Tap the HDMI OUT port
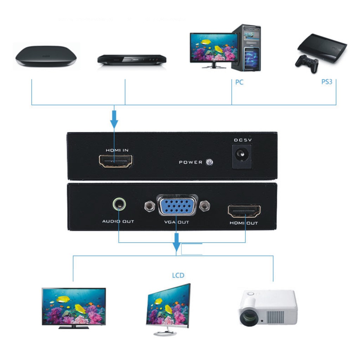point(244,211)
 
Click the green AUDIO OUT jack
point(119,204)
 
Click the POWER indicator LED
point(210,162)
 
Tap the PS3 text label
point(327,82)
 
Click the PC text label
point(239,82)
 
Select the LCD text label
point(178,275)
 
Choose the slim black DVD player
point(131,60)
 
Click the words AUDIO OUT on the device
point(118,221)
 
